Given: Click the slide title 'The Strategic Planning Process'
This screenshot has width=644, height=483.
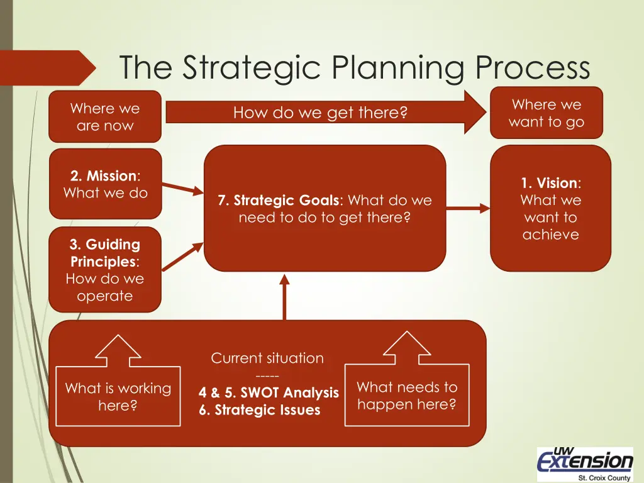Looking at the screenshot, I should [x=355, y=68].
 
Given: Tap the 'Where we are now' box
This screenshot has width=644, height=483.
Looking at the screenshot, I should [x=105, y=117].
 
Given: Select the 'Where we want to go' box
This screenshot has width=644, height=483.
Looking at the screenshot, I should [x=546, y=113].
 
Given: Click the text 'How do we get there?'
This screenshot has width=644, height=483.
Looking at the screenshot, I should [x=320, y=113].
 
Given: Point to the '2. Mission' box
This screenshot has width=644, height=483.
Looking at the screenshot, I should [x=105, y=184].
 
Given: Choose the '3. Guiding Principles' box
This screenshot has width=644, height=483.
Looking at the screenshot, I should [x=105, y=270].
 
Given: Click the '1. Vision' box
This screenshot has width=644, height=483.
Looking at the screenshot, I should [x=550, y=209].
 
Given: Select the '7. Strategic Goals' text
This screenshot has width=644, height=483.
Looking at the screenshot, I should [x=325, y=209].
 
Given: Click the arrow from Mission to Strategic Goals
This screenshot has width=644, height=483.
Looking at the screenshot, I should [x=182, y=187].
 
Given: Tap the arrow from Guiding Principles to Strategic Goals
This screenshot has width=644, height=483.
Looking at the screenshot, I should [x=182, y=256].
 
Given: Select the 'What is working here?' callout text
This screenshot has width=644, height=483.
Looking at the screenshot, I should [x=118, y=397].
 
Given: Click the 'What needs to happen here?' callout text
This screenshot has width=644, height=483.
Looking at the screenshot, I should [x=407, y=396].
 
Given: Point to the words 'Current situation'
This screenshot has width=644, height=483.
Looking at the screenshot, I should [x=267, y=358].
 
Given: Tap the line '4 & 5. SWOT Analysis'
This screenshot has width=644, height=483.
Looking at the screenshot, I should [x=269, y=393].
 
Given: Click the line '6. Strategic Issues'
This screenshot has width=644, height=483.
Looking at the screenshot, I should [x=259, y=411].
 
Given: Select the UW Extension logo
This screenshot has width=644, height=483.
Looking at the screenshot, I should [x=585, y=462].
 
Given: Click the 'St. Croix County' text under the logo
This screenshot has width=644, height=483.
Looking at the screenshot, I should [x=599, y=477].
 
